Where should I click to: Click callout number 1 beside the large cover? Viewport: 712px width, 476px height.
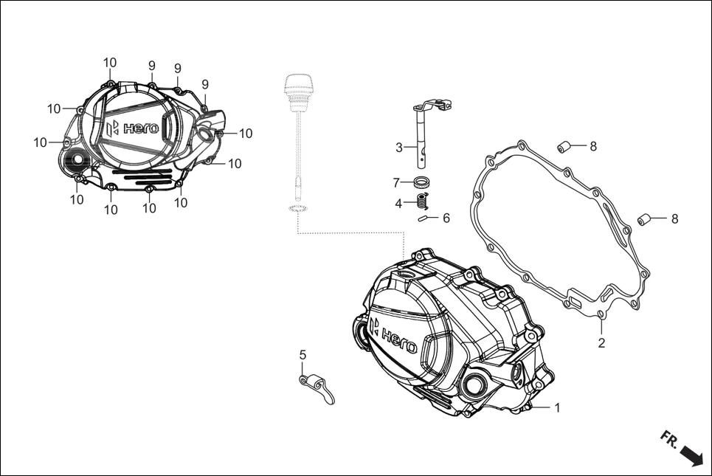[x=557, y=407]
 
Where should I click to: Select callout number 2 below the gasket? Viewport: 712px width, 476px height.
[x=601, y=343]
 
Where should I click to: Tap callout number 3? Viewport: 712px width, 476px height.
[x=399, y=148]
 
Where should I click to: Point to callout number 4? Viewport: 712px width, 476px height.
[x=398, y=203]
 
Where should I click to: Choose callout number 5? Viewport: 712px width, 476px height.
[x=303, y=355]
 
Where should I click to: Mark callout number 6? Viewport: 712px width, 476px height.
[x=446, y=218]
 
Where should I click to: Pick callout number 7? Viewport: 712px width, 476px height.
[x=396, y=182]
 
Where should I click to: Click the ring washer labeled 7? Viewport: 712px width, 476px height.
[x=423, y=182]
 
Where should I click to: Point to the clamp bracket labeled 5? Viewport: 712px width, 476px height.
[x=317, y=385]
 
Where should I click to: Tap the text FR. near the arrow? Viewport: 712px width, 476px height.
[x=668, y=440]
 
